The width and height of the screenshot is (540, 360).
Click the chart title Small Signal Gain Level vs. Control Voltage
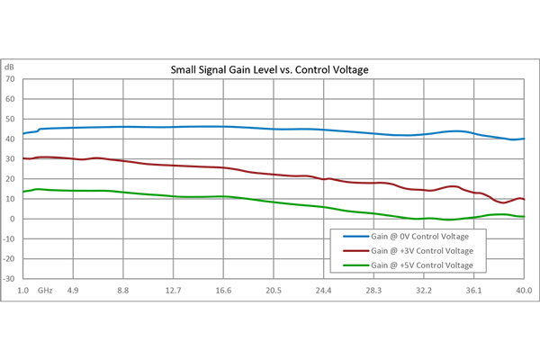(271, 69)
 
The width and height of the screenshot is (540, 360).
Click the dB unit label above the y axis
(10, 67)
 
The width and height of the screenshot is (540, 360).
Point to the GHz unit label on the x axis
(46, 291)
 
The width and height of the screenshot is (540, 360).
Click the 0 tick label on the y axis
(13, 219)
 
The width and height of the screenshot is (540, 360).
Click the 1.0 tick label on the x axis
(23, 291)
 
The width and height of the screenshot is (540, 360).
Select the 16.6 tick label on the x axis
(224, 291)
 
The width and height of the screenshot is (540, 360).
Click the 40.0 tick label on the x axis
(523, 291)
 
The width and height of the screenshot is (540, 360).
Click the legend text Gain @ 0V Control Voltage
(420, 237)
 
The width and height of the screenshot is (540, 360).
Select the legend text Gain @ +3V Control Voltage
(423, 251)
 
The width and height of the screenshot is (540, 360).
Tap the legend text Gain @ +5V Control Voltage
(423, 265)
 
